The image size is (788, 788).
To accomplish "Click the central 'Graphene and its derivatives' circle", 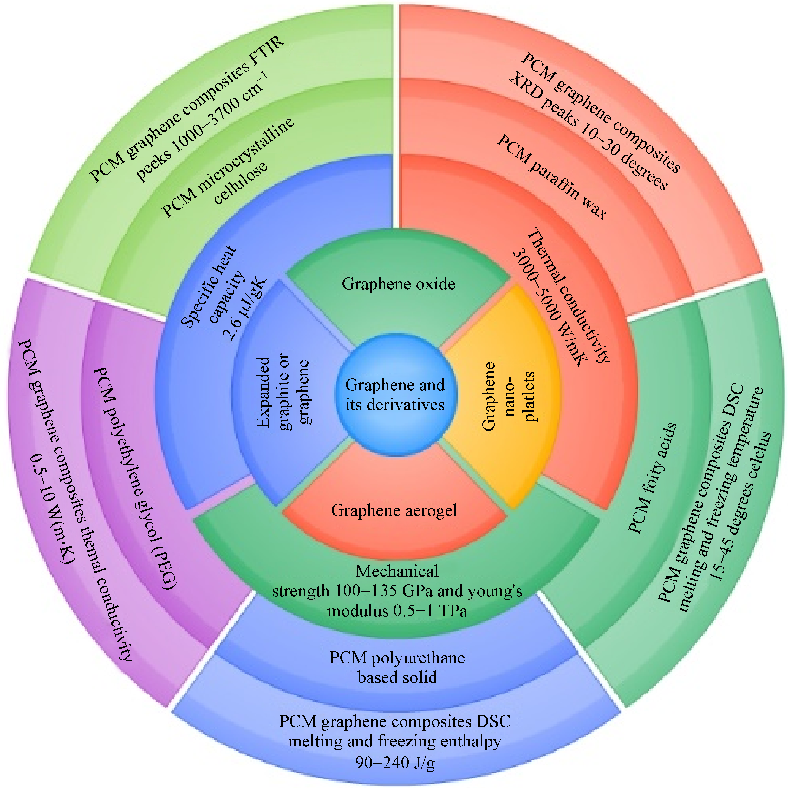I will point(395,394).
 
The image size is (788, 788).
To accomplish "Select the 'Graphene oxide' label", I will point(399,284).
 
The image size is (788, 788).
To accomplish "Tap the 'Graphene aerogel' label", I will point(394,510).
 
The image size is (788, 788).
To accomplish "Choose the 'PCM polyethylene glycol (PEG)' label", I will point(135,477).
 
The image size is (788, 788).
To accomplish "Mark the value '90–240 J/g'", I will point(395,762).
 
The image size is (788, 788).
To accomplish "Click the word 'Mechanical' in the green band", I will point(397,571).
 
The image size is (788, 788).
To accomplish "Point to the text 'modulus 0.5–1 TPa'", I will point(397,611).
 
